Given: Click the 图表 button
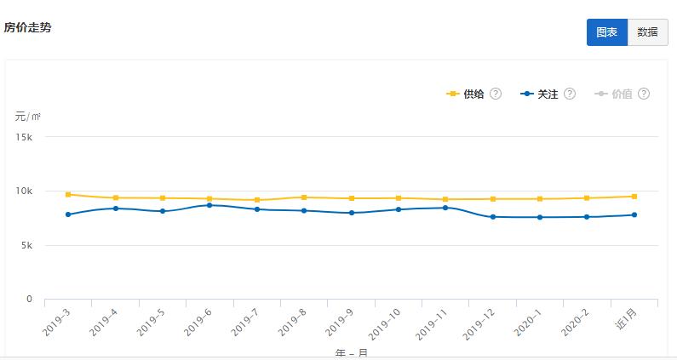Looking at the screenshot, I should coord(606,32).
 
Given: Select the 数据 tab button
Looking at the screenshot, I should coord(647,32).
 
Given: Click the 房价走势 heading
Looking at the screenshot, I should coord(27,28).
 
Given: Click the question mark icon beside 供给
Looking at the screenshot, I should coord(496,94).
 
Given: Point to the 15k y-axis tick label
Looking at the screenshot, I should coord(24,137).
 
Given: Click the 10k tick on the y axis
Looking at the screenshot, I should coord(24,191).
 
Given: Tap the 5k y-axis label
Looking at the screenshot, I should coord(26,246).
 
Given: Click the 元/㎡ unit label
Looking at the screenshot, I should coord(27,116).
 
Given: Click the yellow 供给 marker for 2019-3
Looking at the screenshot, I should coord(68,195).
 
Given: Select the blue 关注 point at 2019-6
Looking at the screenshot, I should coord(209,205).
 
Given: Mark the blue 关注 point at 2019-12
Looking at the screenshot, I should coord(492,217).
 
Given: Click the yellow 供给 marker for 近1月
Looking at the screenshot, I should coord(634,197).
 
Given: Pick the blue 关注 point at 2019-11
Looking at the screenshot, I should coord(445,208).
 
